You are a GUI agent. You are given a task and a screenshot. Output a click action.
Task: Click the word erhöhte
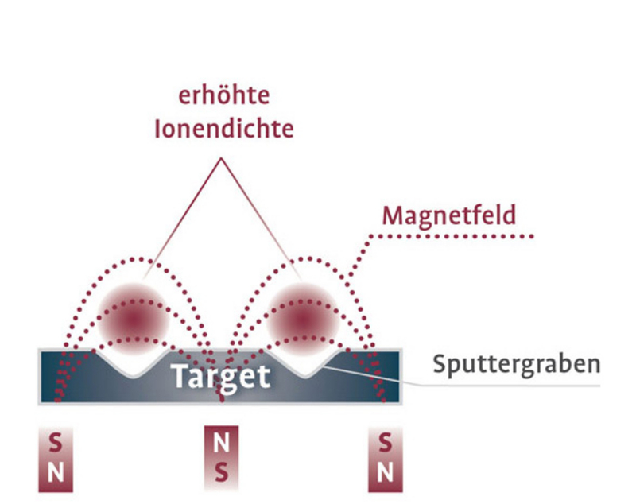click(x=223, y=97)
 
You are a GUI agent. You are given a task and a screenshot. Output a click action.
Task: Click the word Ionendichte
click(x=223, y=129)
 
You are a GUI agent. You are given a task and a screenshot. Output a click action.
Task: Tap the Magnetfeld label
click(x=449, y=215)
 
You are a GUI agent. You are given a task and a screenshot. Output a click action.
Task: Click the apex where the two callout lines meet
click(x=221, y=158)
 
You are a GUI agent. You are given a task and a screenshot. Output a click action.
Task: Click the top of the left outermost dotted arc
click(x=137, y=258)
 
